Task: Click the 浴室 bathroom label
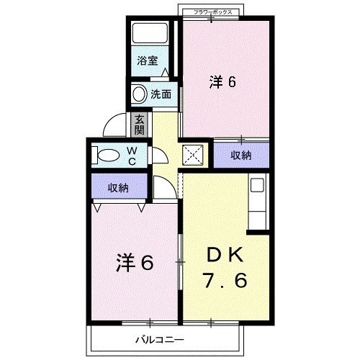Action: click(149, 62)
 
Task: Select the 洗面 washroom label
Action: click(161, 94)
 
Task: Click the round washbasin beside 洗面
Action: click(138, 94)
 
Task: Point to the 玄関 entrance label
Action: click(139, 124)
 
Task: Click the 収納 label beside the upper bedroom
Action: click(241, 155)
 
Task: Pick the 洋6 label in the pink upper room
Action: click(223, 81)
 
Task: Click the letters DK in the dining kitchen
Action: click(227, 253)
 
